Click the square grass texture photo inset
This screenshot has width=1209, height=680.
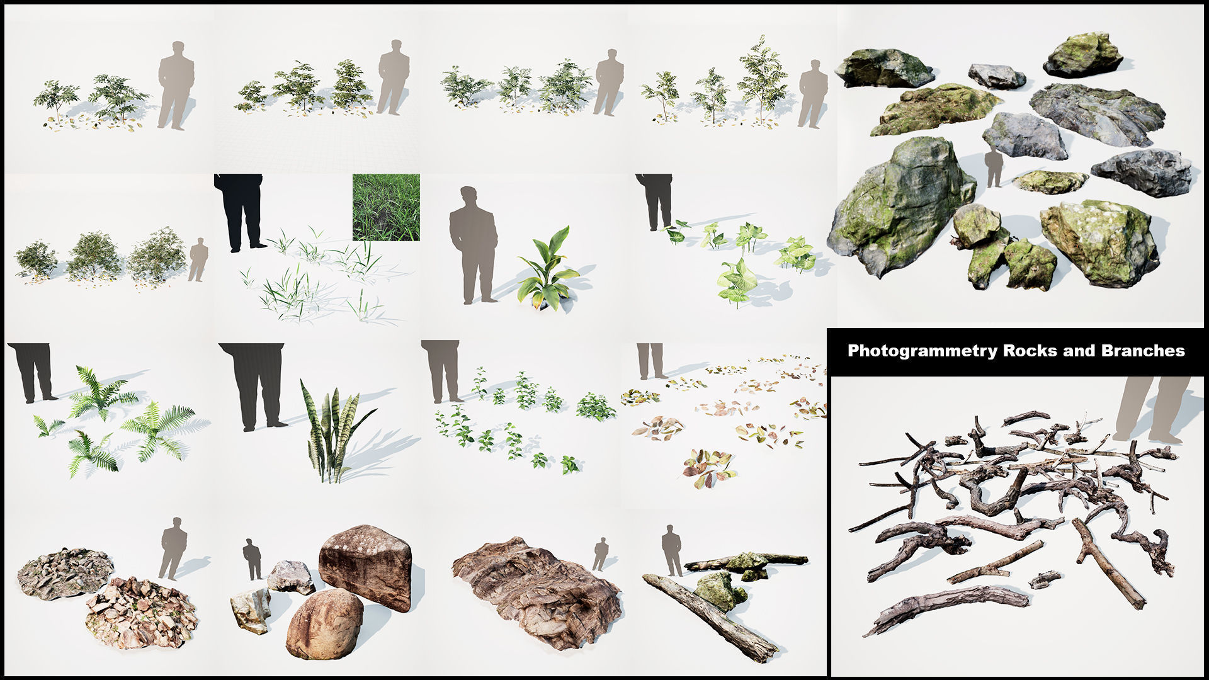tap(386, 207)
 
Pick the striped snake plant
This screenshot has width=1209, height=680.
tap(332, 434)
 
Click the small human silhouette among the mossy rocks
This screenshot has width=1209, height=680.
tap(994, 167)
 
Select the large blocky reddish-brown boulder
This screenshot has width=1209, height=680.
tap(365, 565)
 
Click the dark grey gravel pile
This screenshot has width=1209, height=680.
tap(65, 572)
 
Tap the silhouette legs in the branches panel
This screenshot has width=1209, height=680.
tap(1152, 409)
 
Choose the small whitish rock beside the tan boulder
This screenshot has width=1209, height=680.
tap(251, 609)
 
